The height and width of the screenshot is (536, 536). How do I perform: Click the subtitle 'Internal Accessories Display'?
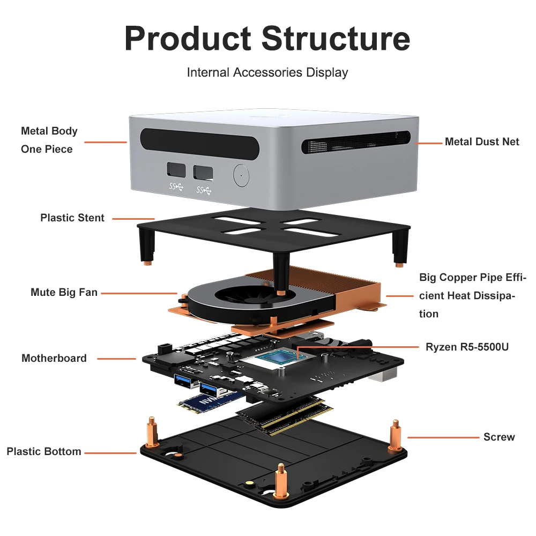coord(267,72)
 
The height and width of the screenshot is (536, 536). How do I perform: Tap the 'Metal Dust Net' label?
coord(482,142)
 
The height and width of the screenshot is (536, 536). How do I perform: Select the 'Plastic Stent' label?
coord(72,218)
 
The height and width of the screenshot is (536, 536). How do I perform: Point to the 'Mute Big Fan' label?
coord(64,293)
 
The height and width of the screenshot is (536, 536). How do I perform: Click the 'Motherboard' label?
coord(54,358)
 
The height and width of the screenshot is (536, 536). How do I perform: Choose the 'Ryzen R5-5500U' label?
coord(467,347)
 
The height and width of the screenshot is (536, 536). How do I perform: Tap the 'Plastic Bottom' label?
coord(44,451)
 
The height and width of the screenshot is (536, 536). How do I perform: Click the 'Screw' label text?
coord(499,437)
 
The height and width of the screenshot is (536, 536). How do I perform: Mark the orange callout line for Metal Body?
coord(106,142)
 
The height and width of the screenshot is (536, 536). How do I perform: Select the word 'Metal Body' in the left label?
coord(49,131)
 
